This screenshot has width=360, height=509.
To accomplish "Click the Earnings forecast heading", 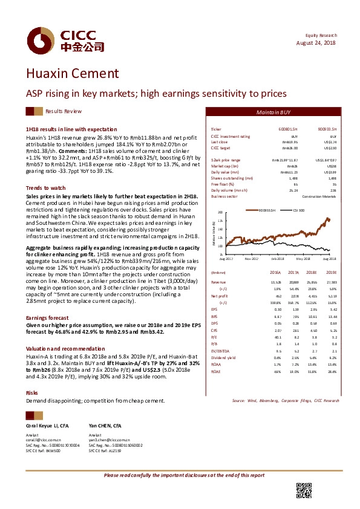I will pyautogui.click(x=47, y=317).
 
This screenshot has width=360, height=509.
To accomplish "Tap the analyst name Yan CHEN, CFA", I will pyautogui.click(x=103, y=426).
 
